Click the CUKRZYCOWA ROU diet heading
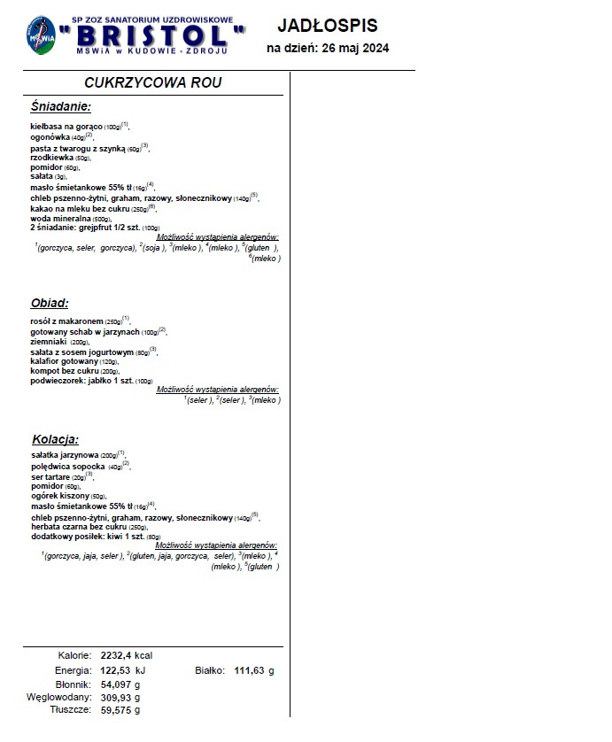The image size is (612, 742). click(x=153, y=82)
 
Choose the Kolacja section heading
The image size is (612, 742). click(x=55, y=439)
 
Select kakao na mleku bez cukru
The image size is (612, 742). click(x=80, y=208)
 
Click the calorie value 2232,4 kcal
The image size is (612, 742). click(x=127, y=655)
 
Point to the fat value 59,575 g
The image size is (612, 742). click(x=120, y=710)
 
